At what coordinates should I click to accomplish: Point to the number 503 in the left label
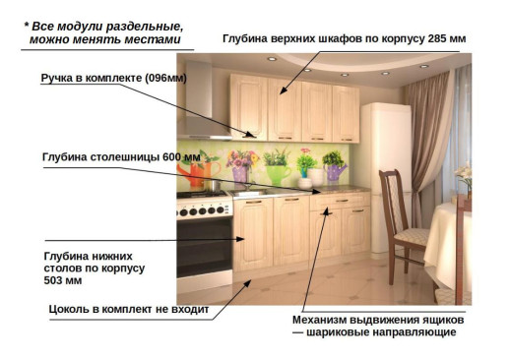coord(57,281)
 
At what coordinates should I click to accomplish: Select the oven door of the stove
coord(204,246)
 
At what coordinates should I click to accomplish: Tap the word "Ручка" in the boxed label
coord(61,78)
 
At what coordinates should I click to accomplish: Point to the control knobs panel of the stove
coord(203,210)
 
